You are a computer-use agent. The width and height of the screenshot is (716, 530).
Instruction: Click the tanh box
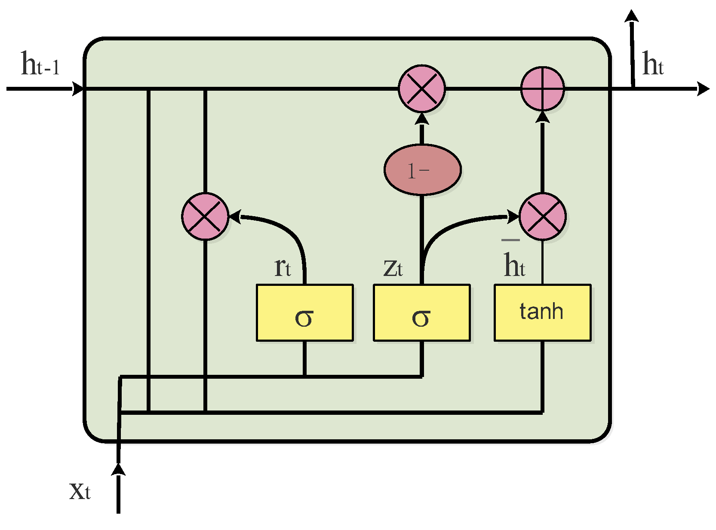point(542,312)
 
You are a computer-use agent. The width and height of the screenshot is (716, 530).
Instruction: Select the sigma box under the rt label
point(304,312)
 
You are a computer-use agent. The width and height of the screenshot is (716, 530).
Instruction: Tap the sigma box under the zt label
point(421,312)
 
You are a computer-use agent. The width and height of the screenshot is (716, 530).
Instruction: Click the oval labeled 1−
point(422,170)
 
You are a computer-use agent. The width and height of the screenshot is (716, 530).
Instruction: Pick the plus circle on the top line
point(542,89)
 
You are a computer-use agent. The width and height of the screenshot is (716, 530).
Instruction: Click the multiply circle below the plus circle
point(542,216)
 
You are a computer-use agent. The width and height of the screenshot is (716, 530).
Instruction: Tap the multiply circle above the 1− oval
point(421,89)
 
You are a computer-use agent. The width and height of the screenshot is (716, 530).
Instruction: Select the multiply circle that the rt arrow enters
point(205,216)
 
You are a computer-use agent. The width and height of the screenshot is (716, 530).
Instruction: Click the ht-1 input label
point(40,64)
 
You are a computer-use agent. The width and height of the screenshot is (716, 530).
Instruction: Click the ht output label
point(652,64)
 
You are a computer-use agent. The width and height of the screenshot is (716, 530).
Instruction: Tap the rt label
point(283,267)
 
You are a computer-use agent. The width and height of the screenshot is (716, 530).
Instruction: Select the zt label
point(393,267)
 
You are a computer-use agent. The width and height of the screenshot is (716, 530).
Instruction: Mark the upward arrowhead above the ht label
point(631,16)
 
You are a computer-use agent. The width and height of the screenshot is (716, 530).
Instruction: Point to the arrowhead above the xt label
point(118,469)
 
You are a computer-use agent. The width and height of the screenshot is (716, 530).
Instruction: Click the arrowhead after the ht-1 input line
point(78,89)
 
